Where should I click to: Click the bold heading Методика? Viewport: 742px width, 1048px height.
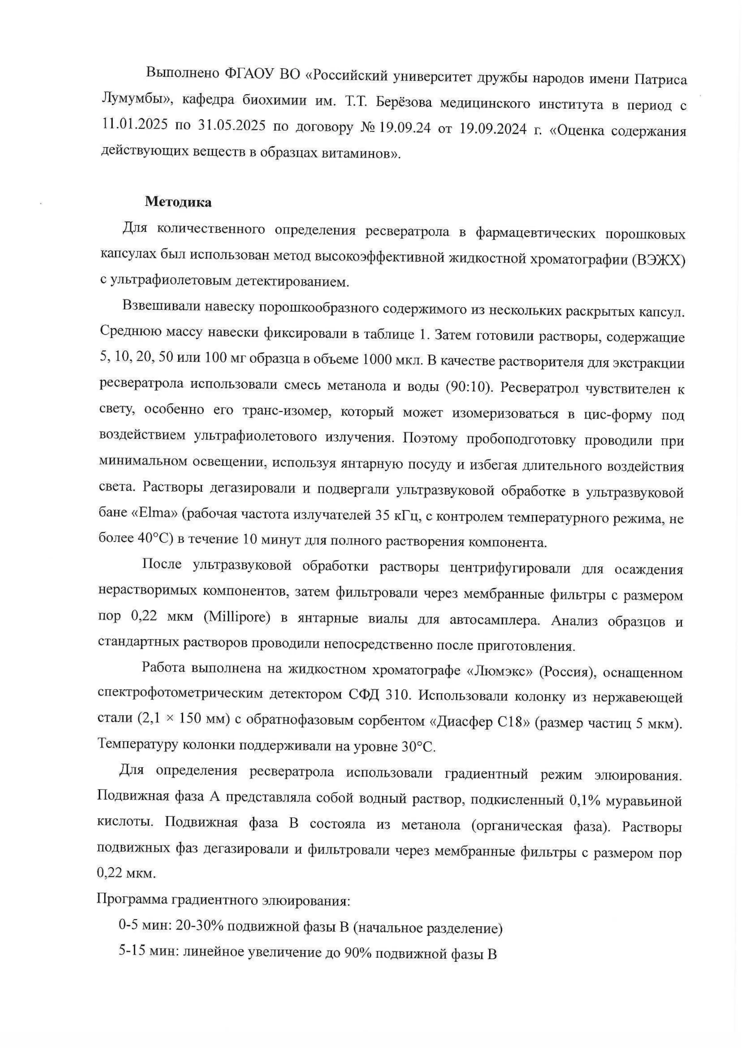point(178,202)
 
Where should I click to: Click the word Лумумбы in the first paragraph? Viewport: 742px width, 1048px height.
point(136,101)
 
